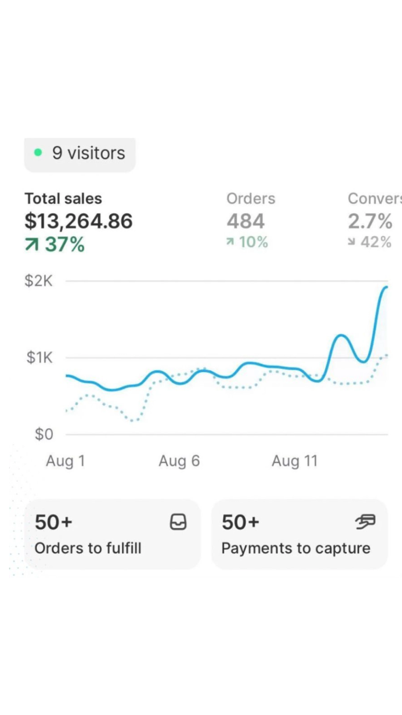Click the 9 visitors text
point(89,153)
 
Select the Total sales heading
point(63,198)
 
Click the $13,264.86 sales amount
point(79,221)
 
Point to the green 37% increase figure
point(55,244)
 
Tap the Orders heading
point(251,198)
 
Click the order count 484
point(246,221)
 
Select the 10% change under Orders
point(247,242)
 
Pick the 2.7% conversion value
point(370,221)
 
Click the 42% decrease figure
point(370,242)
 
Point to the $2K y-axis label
point(39,281)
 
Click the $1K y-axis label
point(40,358)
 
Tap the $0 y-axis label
point(44,434)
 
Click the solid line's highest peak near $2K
point(386,287)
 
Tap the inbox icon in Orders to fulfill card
point(178,522)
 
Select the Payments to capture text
point(296,548)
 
